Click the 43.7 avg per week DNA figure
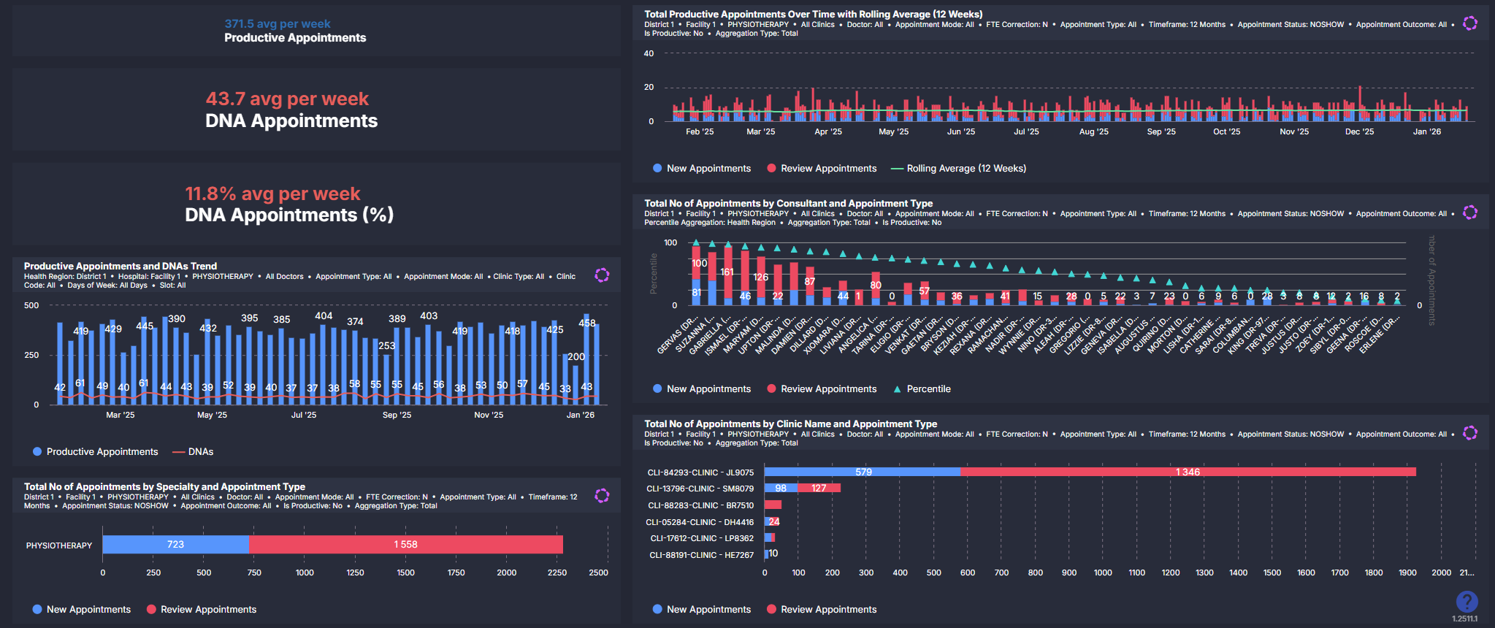pyautogui.click(x=287, y=99)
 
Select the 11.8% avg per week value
pyautogui.click(x=272, y=194)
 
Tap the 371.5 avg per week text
pyautogui.click(x=277, y=24)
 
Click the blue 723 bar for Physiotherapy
pyautogui.click(x=176, y=545)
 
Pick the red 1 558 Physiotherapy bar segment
pyautogui.click(x=406, y=545)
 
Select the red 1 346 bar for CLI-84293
pyautogui.click(x=1188, y=472)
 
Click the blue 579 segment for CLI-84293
pyautogui.click(x=863, y=472)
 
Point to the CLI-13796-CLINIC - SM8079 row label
pyautogui.click(x=700, y=489)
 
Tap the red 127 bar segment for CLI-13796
pyautogui.click(x=819, y=489)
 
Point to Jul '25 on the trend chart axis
pyautogui.click(x=304, y=415)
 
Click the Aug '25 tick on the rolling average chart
pyautogui.click(x=1093, y=132)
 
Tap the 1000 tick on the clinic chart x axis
pyautogui.click(x=1103, y=573)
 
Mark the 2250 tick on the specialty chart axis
pyautogui.click(x=557, y=573)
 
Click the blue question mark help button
pyautogui.click(x=1467, y=602)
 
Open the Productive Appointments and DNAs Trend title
pyautogui.click(x=121, y=267)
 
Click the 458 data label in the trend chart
pyautogui.click(x=587, y=323)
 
